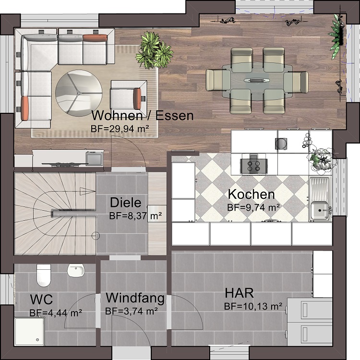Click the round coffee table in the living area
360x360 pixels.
point(79,93)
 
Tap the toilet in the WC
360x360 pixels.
point(44,276)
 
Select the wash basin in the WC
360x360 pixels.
point(76,270)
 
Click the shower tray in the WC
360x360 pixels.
point(29,332)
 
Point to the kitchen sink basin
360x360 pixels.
point(320,210)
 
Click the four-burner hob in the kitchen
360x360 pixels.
point(254,166)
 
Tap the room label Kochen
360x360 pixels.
point(251,194)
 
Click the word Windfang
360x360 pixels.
point(135,298)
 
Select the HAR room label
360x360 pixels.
point(239,293)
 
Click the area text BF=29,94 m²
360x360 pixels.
point(120,129)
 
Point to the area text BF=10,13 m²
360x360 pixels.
point(253,306)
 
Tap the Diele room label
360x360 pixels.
point(126,203)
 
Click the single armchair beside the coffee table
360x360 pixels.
point(128,95)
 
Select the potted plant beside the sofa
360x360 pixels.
point(154,50)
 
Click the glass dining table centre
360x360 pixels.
point(257,80)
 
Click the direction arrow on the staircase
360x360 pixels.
point(88,191)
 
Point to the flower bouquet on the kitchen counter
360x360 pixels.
point(321,159)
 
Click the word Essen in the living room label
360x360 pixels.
point(175,116)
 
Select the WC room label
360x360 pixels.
point(41,300)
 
